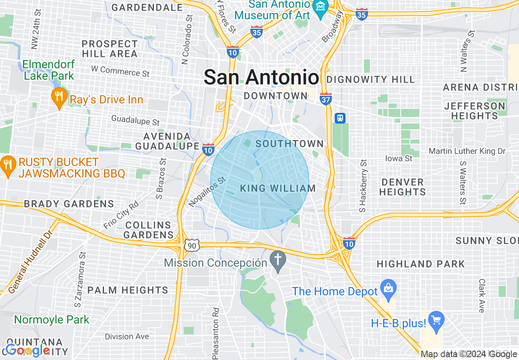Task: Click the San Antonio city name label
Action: (261, 77)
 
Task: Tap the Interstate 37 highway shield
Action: (326, 99)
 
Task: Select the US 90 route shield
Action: (192, 245)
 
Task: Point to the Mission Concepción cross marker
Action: (278, 260)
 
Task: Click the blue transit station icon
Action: (340, 118)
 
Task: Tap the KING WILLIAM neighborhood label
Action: (278, 188)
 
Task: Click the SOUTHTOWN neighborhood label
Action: (290, 144)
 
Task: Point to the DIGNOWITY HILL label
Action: (371, 79)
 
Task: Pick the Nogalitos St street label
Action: (207, 191)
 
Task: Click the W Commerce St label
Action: (120, 71)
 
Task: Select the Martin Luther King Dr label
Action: (467, 151)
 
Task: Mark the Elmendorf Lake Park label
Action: (49, 70)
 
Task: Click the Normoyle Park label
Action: (52, 319)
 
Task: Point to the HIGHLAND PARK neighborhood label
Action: (421, 264)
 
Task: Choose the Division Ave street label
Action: (127, 336)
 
